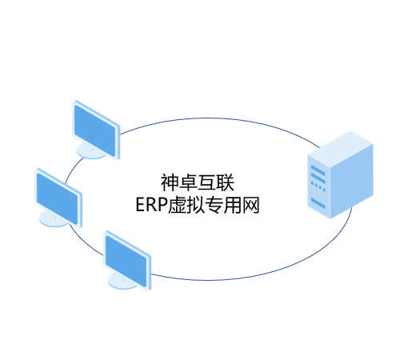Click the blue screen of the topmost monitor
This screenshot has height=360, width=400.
tap(95, 130)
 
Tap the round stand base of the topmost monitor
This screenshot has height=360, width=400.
tap(90, 151)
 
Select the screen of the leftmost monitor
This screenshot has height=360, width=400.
tap(58, 198)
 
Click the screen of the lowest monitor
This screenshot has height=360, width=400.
tap(126, 261)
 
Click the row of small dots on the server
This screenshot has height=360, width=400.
tap(318, 186)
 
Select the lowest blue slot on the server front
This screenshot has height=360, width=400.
tap(318, 203)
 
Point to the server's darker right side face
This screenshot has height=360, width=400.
tap(352, 182)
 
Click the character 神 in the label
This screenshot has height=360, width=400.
tap(170, 182)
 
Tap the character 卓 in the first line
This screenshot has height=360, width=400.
tap(188, 182)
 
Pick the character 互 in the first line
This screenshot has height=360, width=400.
tap(206, 182)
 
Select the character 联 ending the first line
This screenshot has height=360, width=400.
tap(226, 182)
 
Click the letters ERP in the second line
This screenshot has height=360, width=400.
tap(152, 205)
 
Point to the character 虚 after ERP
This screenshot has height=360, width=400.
tap(177, 205)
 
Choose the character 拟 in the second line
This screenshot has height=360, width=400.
tap(195, 205)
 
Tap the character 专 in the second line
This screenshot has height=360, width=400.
tap(214, 205)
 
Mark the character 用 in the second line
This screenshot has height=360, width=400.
tap(232, 205)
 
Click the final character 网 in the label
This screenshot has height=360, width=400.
tap(250, 205)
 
